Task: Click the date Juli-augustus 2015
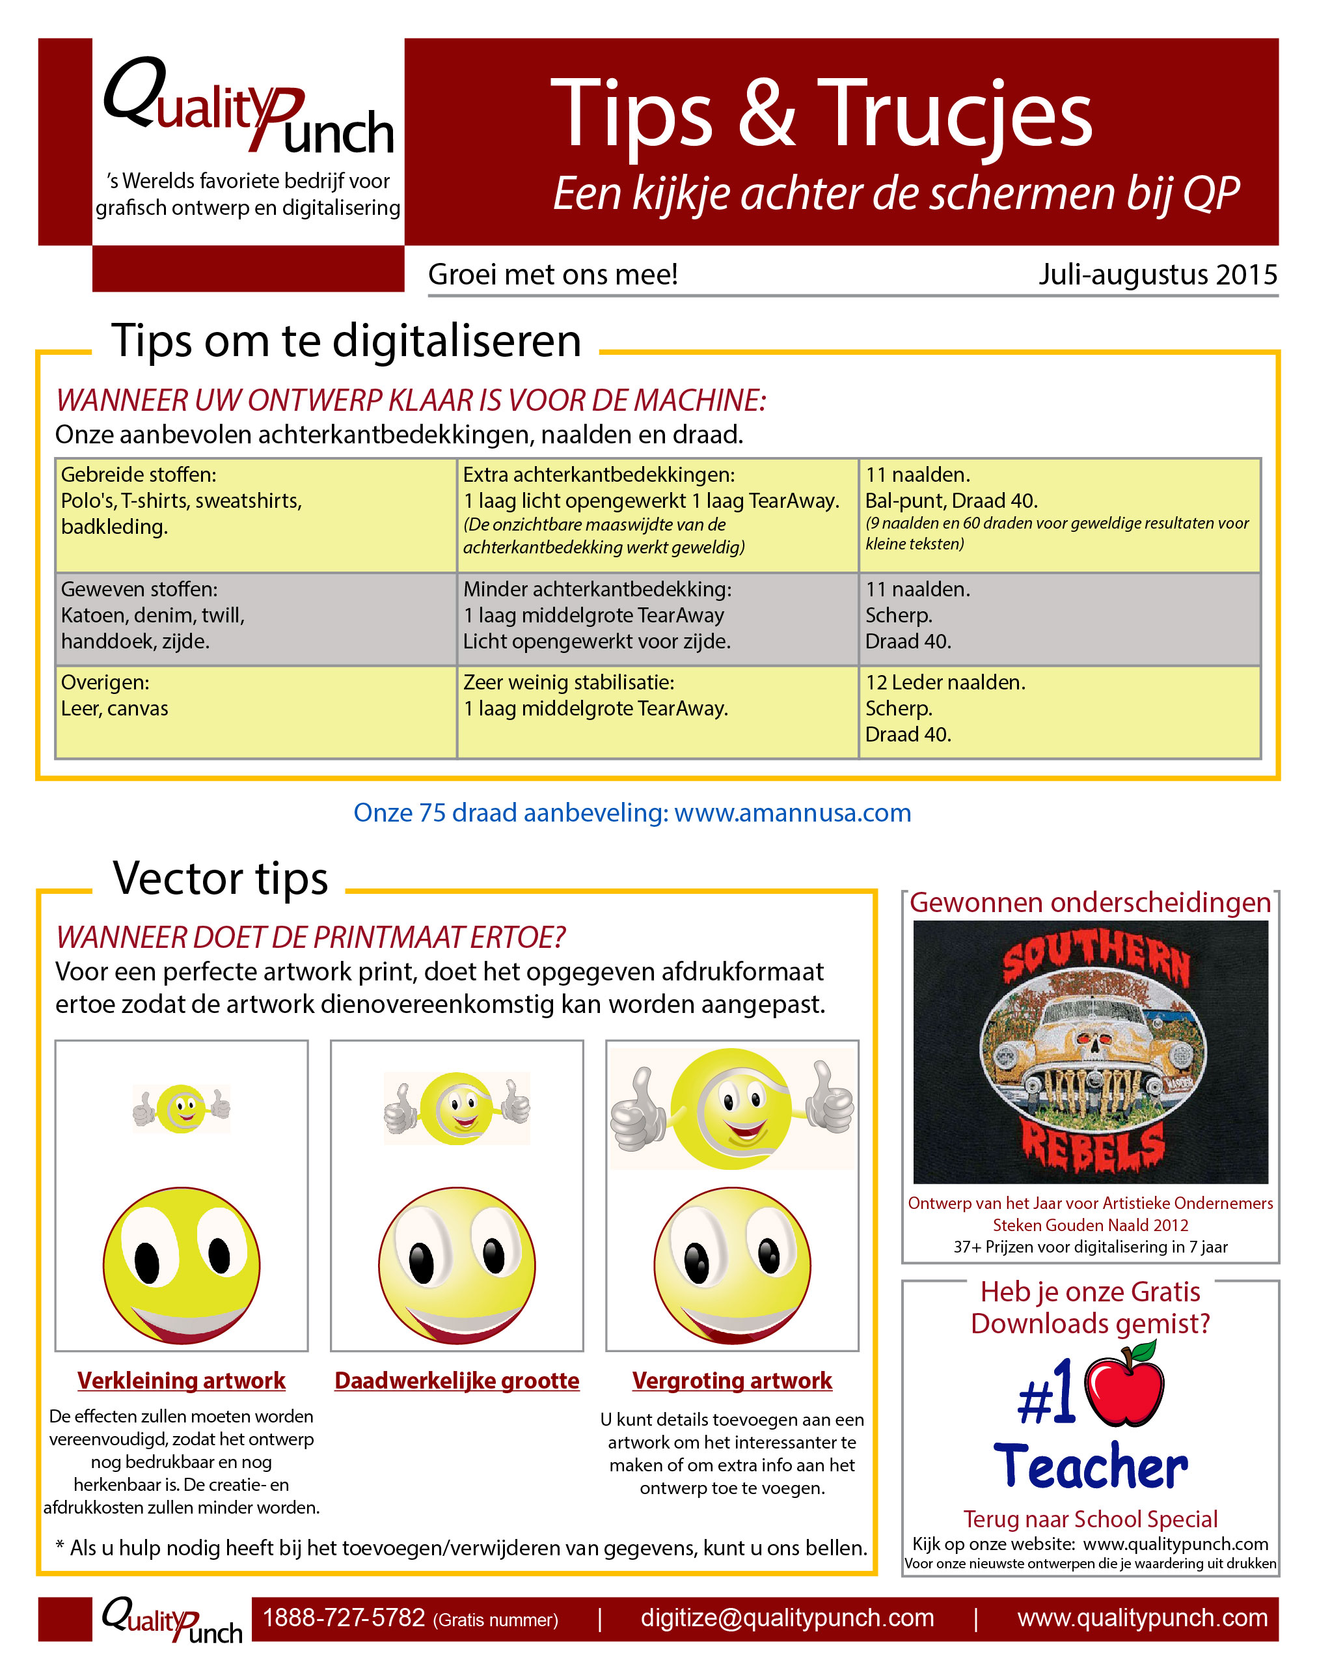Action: (1157, 275)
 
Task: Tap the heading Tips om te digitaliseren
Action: (346, 341)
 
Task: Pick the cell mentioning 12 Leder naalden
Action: (1059, 711)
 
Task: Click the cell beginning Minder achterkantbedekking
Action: (657, 618)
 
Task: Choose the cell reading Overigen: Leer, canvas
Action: (255, 711)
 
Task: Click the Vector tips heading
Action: (221, 879)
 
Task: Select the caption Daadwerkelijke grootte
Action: (457, 1380)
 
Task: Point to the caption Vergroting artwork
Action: (732, 1380)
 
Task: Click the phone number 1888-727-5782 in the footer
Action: (344, 1618)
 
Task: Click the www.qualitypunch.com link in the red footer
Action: (1142, 1618)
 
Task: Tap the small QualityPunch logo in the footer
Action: (172, 1619)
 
